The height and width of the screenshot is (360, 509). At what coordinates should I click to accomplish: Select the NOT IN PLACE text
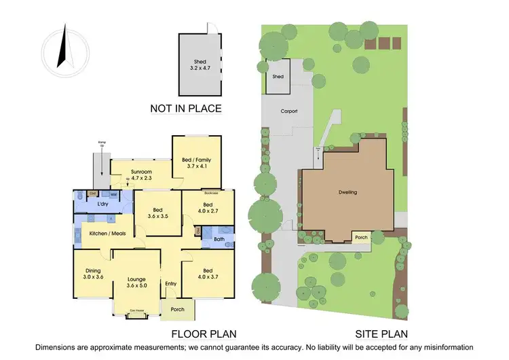(x=186, y=108)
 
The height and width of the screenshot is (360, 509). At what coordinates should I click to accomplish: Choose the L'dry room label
(x=104, y=204)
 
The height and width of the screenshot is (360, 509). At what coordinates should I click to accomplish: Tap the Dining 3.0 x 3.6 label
(x=92, y=273)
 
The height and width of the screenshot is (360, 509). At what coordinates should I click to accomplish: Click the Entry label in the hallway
(x=170, y=283)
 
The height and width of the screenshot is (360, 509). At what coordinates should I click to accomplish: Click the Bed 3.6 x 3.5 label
(x=158, y=213)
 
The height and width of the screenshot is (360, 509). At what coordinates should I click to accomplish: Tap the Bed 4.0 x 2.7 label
(x=208, y=208)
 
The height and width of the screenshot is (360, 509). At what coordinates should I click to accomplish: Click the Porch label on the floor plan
(x=177, y=310)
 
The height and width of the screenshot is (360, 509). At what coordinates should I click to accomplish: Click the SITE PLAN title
(x=382, y=334)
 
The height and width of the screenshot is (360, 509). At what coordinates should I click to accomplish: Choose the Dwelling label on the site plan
(x=347, y=192)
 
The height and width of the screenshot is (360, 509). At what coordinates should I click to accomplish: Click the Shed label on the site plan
(x=278, y=77)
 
